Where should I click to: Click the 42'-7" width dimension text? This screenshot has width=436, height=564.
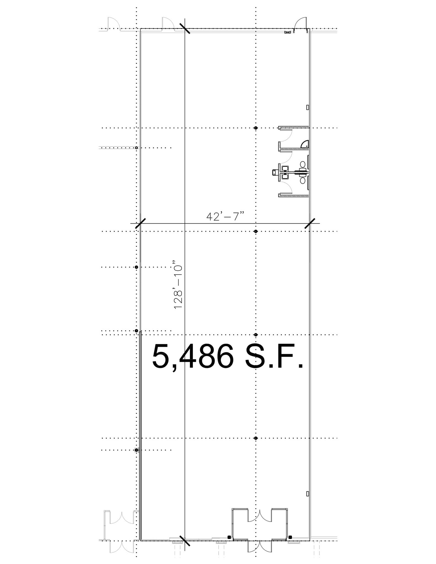pos(226,216)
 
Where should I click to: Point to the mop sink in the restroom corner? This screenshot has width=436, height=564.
pos(305,144)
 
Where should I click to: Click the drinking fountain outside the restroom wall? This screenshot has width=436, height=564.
pos(275,172)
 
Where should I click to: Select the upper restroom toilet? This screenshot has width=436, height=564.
pos(303,165)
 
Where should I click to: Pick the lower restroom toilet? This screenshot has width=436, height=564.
pos(303,181)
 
